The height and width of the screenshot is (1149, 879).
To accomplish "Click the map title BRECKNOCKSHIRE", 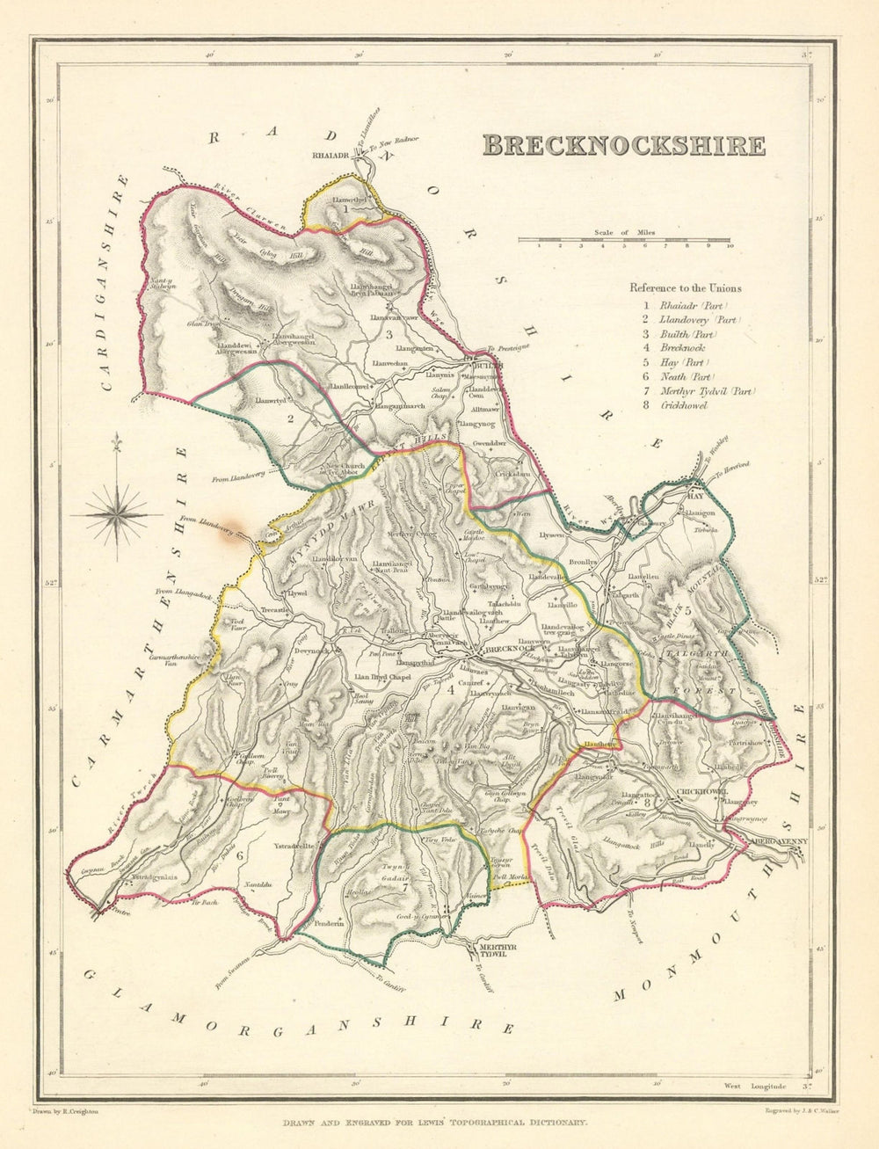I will (623, 145).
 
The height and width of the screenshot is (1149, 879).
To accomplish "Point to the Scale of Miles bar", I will (624, 239).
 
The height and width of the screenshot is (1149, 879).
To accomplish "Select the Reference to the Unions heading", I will (685, 287).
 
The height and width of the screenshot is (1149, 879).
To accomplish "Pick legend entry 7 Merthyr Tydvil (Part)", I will (695, 391).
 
